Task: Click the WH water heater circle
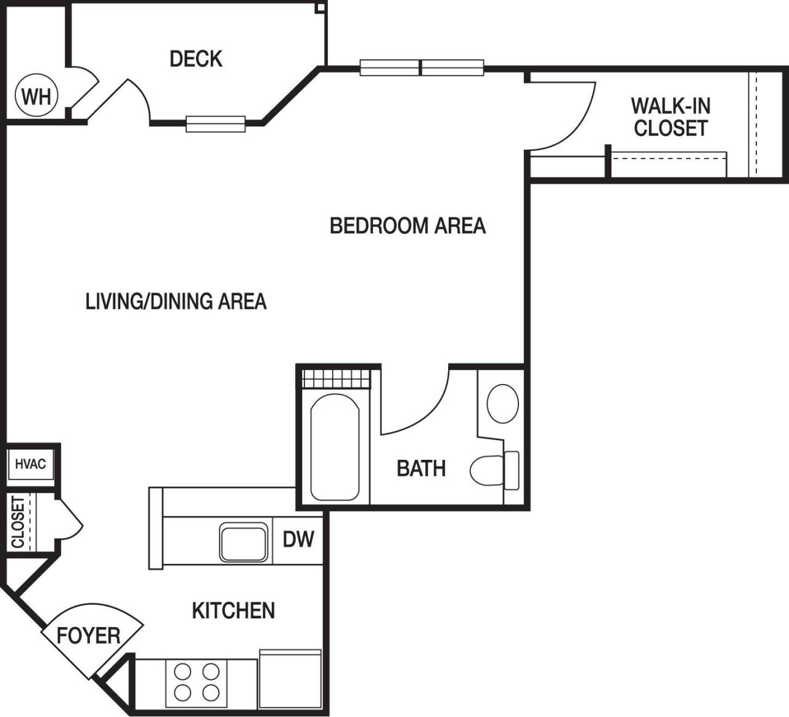[x=36, y=97]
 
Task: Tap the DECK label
[x=195, y=59]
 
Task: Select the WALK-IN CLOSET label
[x=670, y=117]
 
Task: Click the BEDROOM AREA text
[x=407, y=226]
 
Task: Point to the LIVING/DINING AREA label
[x=176, y=301]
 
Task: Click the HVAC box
[x=31, y=464]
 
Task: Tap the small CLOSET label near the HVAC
[x=18, y=522]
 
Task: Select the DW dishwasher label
[x=298, y=539]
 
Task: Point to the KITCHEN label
[x=233, y=610]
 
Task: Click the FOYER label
[x=88, y=636]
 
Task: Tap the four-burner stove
[x=197, y=682]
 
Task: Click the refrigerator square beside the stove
[x=290, y=681]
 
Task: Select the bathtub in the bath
[x=335, y=447]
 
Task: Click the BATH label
[x=421, y=469]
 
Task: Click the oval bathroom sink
[x=502, y=404]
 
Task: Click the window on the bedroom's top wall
[x=422, y=68]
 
